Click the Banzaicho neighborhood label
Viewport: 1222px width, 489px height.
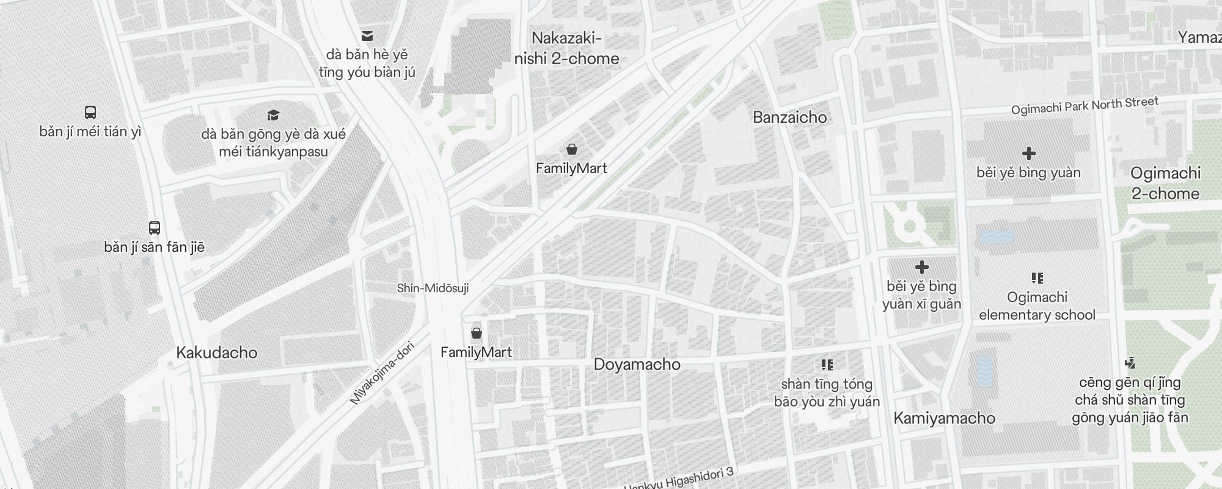(x=789, y=117)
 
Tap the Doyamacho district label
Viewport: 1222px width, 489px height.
(x=637, y=364)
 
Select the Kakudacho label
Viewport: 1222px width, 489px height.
(x=216, y=353)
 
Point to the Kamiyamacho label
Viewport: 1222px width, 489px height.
(x=944, y=418)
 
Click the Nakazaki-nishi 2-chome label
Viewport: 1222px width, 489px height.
(x=566, y=49)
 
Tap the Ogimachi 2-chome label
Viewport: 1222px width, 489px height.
(x=1165, y=183)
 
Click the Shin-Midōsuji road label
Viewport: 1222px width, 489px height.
(x=433, y=288)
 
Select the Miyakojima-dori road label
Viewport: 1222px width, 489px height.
(x=382, y=373)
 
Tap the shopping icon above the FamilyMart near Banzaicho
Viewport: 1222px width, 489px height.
(x=572, y=149)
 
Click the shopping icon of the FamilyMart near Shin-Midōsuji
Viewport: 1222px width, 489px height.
(x=476, y=333)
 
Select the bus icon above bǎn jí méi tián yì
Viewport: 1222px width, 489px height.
(x=90, y=112)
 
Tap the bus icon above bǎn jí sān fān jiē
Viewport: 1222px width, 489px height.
(x=155, y=228)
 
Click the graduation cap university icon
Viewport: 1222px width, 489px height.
(x=273, y=115)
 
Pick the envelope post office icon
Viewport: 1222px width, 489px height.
(x=367, y=36)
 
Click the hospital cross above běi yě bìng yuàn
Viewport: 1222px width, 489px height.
(x=1028, y=153)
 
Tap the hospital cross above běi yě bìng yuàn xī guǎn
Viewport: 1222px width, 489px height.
(x=921, y=267)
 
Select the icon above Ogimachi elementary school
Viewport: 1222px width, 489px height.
(x=1037, y=279)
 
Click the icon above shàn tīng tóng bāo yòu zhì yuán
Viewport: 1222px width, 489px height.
(x=827, y=366)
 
